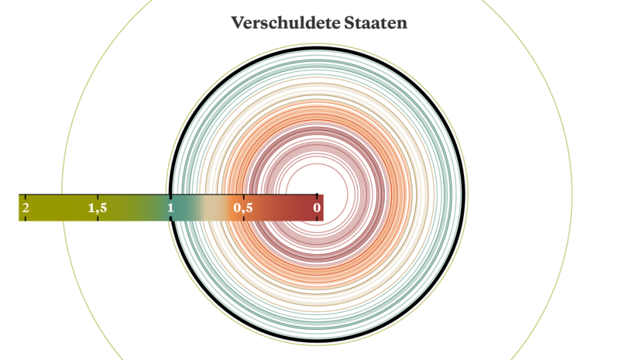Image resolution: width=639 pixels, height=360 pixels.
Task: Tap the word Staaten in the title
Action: tap(376, 22)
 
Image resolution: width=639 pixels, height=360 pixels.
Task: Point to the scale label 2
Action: tap(26, 207)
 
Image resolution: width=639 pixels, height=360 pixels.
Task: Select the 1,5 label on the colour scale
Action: tap(98, 208)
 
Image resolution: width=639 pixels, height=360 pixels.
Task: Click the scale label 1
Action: tap(170, 207)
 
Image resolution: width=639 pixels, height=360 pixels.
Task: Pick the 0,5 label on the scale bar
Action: tap(243, 208)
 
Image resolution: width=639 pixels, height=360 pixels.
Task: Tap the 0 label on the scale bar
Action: tap(317, 207)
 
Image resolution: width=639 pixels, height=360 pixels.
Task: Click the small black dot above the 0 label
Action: tap(317, 194)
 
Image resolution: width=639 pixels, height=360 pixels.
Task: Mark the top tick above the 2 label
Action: tap(26, 197)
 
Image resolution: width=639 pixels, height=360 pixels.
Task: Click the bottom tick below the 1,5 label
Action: tap(98, 218)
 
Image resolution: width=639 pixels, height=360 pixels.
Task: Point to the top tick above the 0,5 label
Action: tap(244, 197)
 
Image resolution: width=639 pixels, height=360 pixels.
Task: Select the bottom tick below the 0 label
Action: tap(317, 218)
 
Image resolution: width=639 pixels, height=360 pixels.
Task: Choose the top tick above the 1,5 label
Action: tap(98, 197)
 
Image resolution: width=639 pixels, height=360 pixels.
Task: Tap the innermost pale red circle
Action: tap(317, 164)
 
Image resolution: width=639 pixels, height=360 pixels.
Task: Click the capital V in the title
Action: tap(238, 22)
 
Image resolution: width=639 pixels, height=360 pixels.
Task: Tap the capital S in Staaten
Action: tap(349, 22)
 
